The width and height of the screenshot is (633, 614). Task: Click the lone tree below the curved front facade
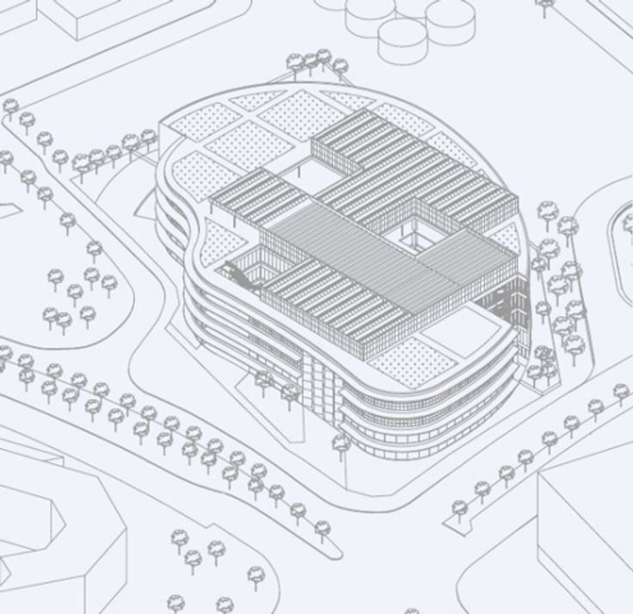point(341,444)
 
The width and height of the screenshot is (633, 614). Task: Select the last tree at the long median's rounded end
point(323,527)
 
